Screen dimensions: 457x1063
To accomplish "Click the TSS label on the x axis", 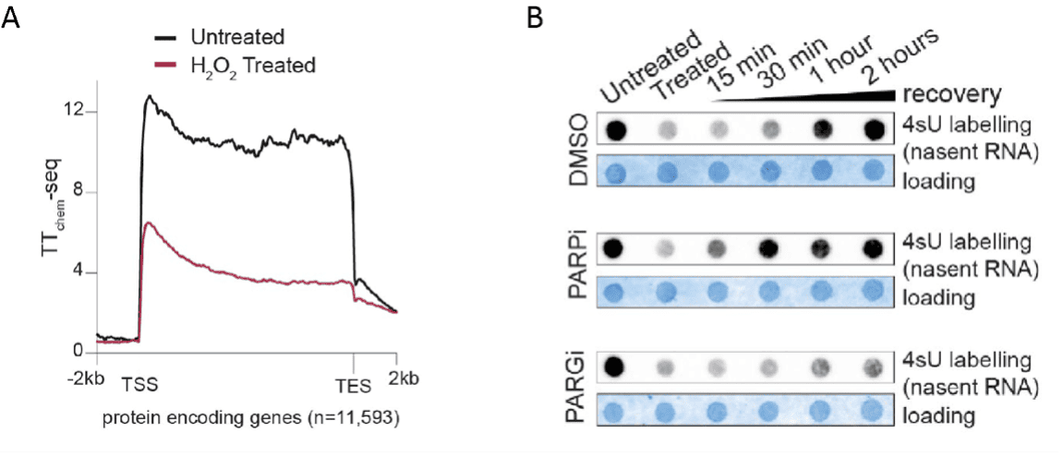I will [x=140, y=380].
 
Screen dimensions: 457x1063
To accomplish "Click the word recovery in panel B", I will [x=952, y=95].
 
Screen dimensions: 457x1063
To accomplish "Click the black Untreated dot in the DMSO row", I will [x=618, y=130].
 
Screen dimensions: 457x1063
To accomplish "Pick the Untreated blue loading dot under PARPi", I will [x=618, y=291].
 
